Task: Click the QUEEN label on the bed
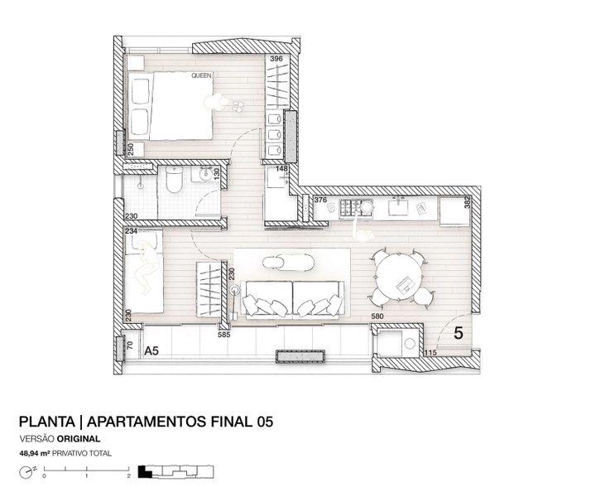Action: (201, 75)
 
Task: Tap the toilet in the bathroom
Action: (175, 180)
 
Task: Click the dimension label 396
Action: (276, 59)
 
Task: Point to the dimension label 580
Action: (377, 316)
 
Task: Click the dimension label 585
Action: (224, 335)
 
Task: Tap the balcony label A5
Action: (151, 351)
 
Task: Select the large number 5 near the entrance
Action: (459, 334)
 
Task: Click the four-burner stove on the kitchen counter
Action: (351, 208)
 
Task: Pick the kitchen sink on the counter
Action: (398, 207)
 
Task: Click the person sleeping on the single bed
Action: (146, 266)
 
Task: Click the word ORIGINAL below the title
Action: (79, 439)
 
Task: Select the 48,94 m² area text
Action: (35, 453)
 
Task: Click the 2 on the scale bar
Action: (129, 475)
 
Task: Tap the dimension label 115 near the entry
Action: (430, 353)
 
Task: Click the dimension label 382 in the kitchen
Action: (468, 202)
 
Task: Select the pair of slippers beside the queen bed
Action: (237, 106)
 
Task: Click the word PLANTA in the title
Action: (47, 422)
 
